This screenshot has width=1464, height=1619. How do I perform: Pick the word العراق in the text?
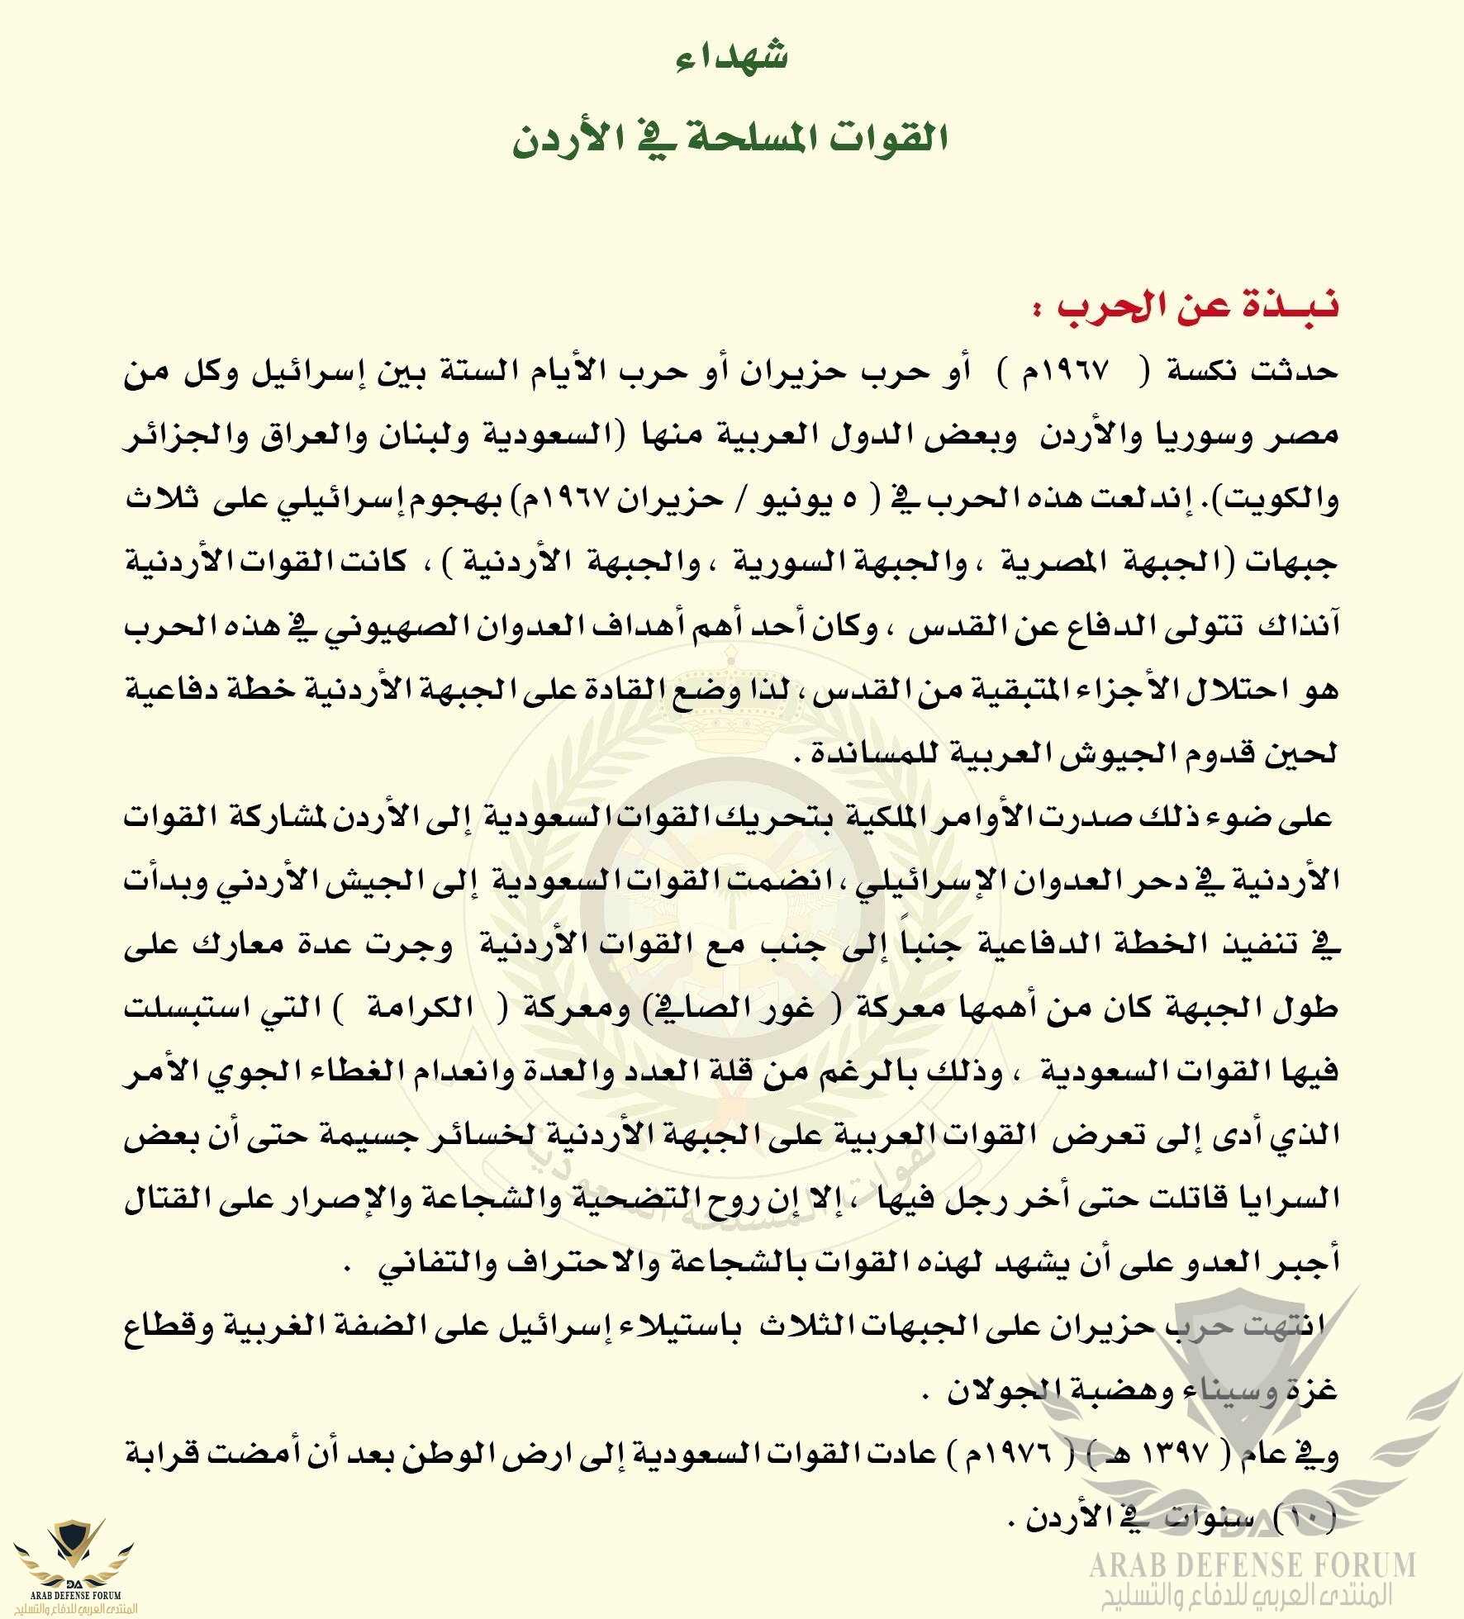(x=310, y=435)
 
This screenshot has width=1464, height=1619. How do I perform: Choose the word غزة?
(x=1310, y=1391)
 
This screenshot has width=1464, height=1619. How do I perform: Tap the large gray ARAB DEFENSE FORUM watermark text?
(x=1252, y=1565)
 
